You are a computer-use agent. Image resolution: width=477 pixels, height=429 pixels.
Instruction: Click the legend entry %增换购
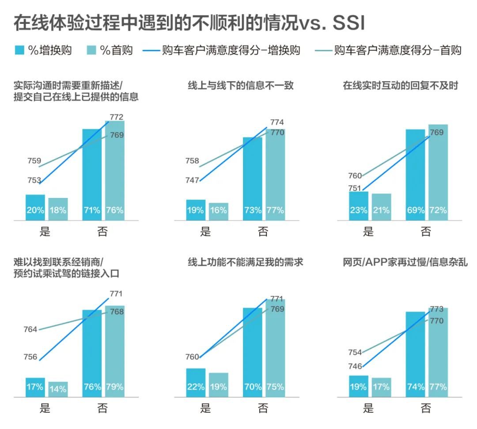point(43,50)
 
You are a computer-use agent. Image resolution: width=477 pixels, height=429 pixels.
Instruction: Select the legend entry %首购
point(110,50)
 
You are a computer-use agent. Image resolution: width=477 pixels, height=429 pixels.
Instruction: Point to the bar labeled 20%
point(35,208)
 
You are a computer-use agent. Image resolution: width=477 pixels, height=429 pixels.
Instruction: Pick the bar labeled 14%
point(58,389)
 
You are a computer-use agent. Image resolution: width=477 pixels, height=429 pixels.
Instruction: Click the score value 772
point(116,117)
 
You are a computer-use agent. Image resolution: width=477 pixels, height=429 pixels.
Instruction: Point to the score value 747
point(193,180)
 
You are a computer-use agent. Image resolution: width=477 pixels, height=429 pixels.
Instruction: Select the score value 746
point(355,366)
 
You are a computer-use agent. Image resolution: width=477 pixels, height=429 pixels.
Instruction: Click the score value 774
point(276,122)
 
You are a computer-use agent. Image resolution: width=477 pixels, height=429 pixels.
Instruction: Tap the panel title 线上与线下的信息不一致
point(241,86)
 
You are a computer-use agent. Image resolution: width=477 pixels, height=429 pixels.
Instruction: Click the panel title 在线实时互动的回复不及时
point(400,86)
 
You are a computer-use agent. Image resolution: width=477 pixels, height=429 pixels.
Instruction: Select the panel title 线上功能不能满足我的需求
point(246,262)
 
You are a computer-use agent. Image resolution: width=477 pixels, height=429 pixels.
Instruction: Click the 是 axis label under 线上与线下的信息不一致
point(205,231)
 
